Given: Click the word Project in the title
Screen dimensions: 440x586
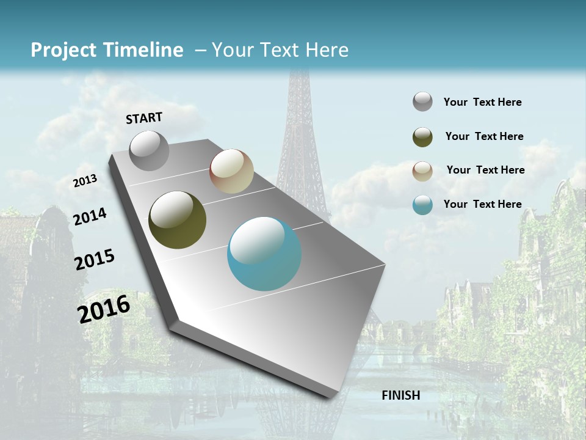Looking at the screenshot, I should [x=63, y=50].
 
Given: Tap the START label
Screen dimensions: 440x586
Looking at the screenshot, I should [x=144, y=118].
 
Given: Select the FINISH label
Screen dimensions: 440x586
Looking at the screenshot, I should [x=401, y=395].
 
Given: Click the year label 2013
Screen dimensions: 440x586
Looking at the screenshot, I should [x=85, y=181].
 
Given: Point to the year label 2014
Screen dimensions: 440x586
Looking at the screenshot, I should [x=90, y=217].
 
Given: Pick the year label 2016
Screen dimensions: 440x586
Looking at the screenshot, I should [x=104, y=309].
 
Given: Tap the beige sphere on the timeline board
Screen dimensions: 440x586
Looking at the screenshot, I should [x=231, y=171].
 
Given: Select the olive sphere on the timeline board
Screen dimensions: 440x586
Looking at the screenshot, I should [x=177, y=220].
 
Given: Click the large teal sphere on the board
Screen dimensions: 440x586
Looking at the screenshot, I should [x=264, y=254].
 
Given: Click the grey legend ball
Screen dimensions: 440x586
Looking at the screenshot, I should [x=422, y=102].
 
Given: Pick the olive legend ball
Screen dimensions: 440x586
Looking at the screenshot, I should [x=422, y=137].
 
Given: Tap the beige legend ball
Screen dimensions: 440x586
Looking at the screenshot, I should [x=422, y=171].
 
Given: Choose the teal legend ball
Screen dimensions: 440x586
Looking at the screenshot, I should [x=422, y=205].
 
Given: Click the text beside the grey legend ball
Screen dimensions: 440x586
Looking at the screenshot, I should [x=482, y=102].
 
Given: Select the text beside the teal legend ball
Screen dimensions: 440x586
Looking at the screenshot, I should [x=482, y=204].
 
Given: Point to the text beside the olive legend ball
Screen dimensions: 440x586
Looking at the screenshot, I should [x=484, y=136].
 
